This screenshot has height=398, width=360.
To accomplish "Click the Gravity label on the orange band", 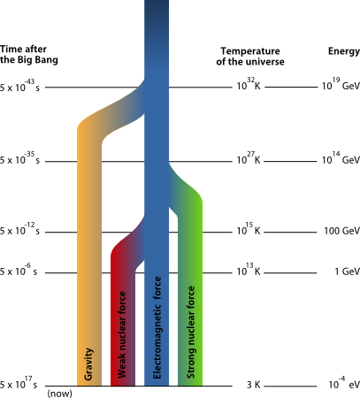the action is point(88,364).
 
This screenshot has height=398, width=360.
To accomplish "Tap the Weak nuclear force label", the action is point(121,334).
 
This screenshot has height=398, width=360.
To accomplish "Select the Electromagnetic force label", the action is point(157,327).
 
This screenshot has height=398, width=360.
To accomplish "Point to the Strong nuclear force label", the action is point(191,332).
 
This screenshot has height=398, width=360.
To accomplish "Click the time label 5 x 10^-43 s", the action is point(19,85).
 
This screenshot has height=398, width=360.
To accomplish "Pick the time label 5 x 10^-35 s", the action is point(19,158).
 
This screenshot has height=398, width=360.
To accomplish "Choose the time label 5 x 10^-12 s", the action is point(19,229).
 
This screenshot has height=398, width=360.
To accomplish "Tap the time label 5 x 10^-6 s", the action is point(19,270).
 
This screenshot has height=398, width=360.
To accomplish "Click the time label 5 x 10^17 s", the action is point(19,383).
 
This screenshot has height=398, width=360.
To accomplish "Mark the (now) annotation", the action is point(59,394).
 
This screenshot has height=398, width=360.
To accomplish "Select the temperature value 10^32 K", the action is point(249,84).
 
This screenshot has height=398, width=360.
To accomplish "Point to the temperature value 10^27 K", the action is point(249,158).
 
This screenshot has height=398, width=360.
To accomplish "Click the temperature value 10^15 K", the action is point(249,229).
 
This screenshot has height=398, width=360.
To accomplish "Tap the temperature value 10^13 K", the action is point(249,270).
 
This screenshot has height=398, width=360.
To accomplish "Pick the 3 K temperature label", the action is point(254,385).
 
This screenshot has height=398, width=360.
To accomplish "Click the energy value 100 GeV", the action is point(342,231).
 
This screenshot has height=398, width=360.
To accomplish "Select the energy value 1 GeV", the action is point(348,272).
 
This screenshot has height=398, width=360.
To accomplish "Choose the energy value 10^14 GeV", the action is point(341,158).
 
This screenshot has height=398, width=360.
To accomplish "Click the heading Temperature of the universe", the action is point(250,57).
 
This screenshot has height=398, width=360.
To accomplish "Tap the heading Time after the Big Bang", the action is point(29,55).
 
